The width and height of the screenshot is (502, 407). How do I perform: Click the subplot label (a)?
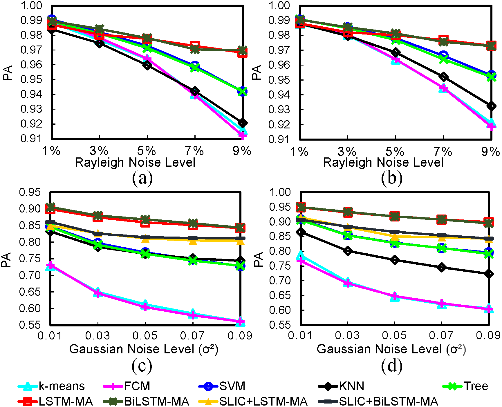142,178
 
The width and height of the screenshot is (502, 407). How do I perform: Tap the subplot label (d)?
391,366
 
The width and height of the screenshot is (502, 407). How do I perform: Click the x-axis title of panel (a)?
135,162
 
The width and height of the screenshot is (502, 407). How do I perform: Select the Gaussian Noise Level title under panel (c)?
144,349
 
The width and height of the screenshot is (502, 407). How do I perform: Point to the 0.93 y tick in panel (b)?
279,110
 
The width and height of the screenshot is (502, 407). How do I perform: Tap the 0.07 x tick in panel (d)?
441,335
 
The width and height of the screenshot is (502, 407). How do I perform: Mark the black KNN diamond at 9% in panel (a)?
242,123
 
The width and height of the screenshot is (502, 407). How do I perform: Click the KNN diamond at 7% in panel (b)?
443,77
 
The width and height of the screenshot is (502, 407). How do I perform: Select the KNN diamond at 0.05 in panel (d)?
394,260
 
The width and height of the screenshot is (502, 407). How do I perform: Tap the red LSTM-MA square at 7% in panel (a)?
195,46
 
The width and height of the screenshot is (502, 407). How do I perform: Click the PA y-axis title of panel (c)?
6,260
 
